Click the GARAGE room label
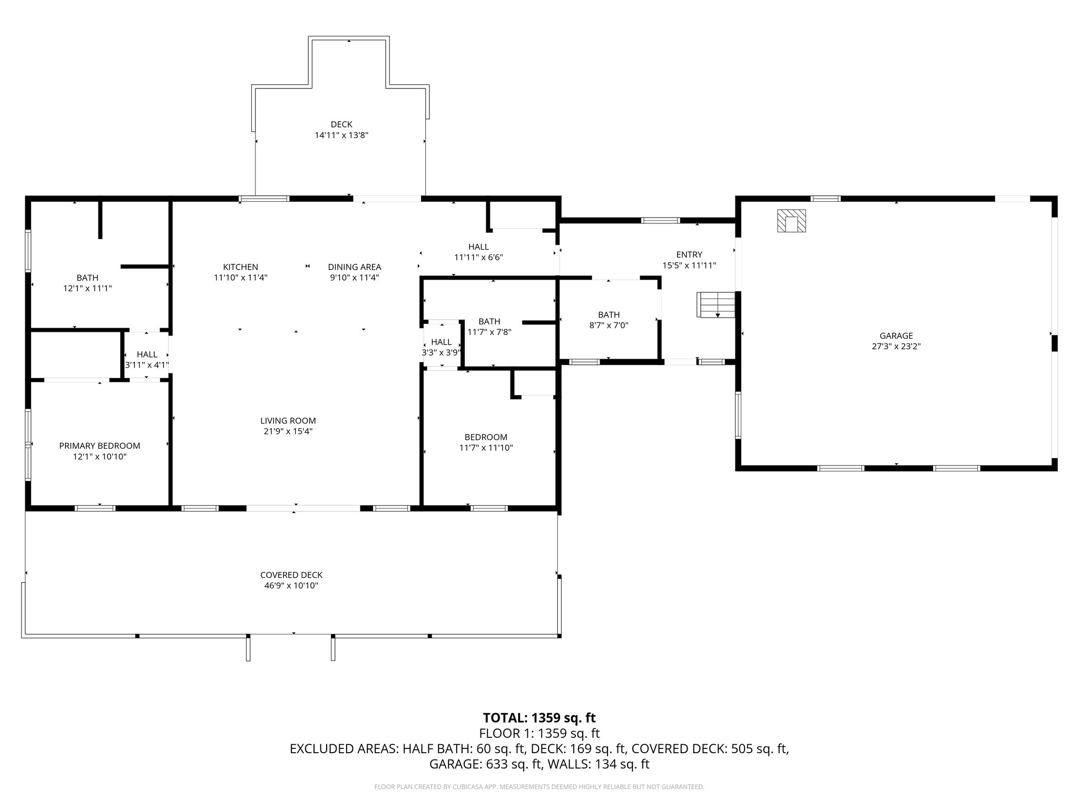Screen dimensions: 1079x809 tap(896, 336)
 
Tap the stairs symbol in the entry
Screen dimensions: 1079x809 tap(716, 305)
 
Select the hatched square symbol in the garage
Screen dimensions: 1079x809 tap(791, 221)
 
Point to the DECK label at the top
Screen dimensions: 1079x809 tap(341, 124)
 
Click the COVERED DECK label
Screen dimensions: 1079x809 tap(291, 575)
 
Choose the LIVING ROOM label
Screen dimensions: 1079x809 tap(288, 421)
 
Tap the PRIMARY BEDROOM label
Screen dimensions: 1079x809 tap(100, 446)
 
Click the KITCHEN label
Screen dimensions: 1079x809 tap(241, 267)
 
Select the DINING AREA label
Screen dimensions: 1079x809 tap(355, 267)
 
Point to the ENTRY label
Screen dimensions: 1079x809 tap(689, 255)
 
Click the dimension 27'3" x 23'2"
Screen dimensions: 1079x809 tap(896, 347)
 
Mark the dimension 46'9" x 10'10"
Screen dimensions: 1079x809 tap(291, 586)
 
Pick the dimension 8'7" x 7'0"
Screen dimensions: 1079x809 tap(609, 325)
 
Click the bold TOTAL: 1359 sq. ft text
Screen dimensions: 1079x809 tap(539, 718)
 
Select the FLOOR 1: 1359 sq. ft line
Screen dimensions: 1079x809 tap(539, 734)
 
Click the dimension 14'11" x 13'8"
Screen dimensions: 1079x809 tap(341, 135)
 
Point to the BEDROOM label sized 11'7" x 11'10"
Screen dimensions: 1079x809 tap(486, 437)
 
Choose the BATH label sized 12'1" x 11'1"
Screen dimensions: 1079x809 tap(87, 278)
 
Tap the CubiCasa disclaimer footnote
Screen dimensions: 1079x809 tap(539, 787)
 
